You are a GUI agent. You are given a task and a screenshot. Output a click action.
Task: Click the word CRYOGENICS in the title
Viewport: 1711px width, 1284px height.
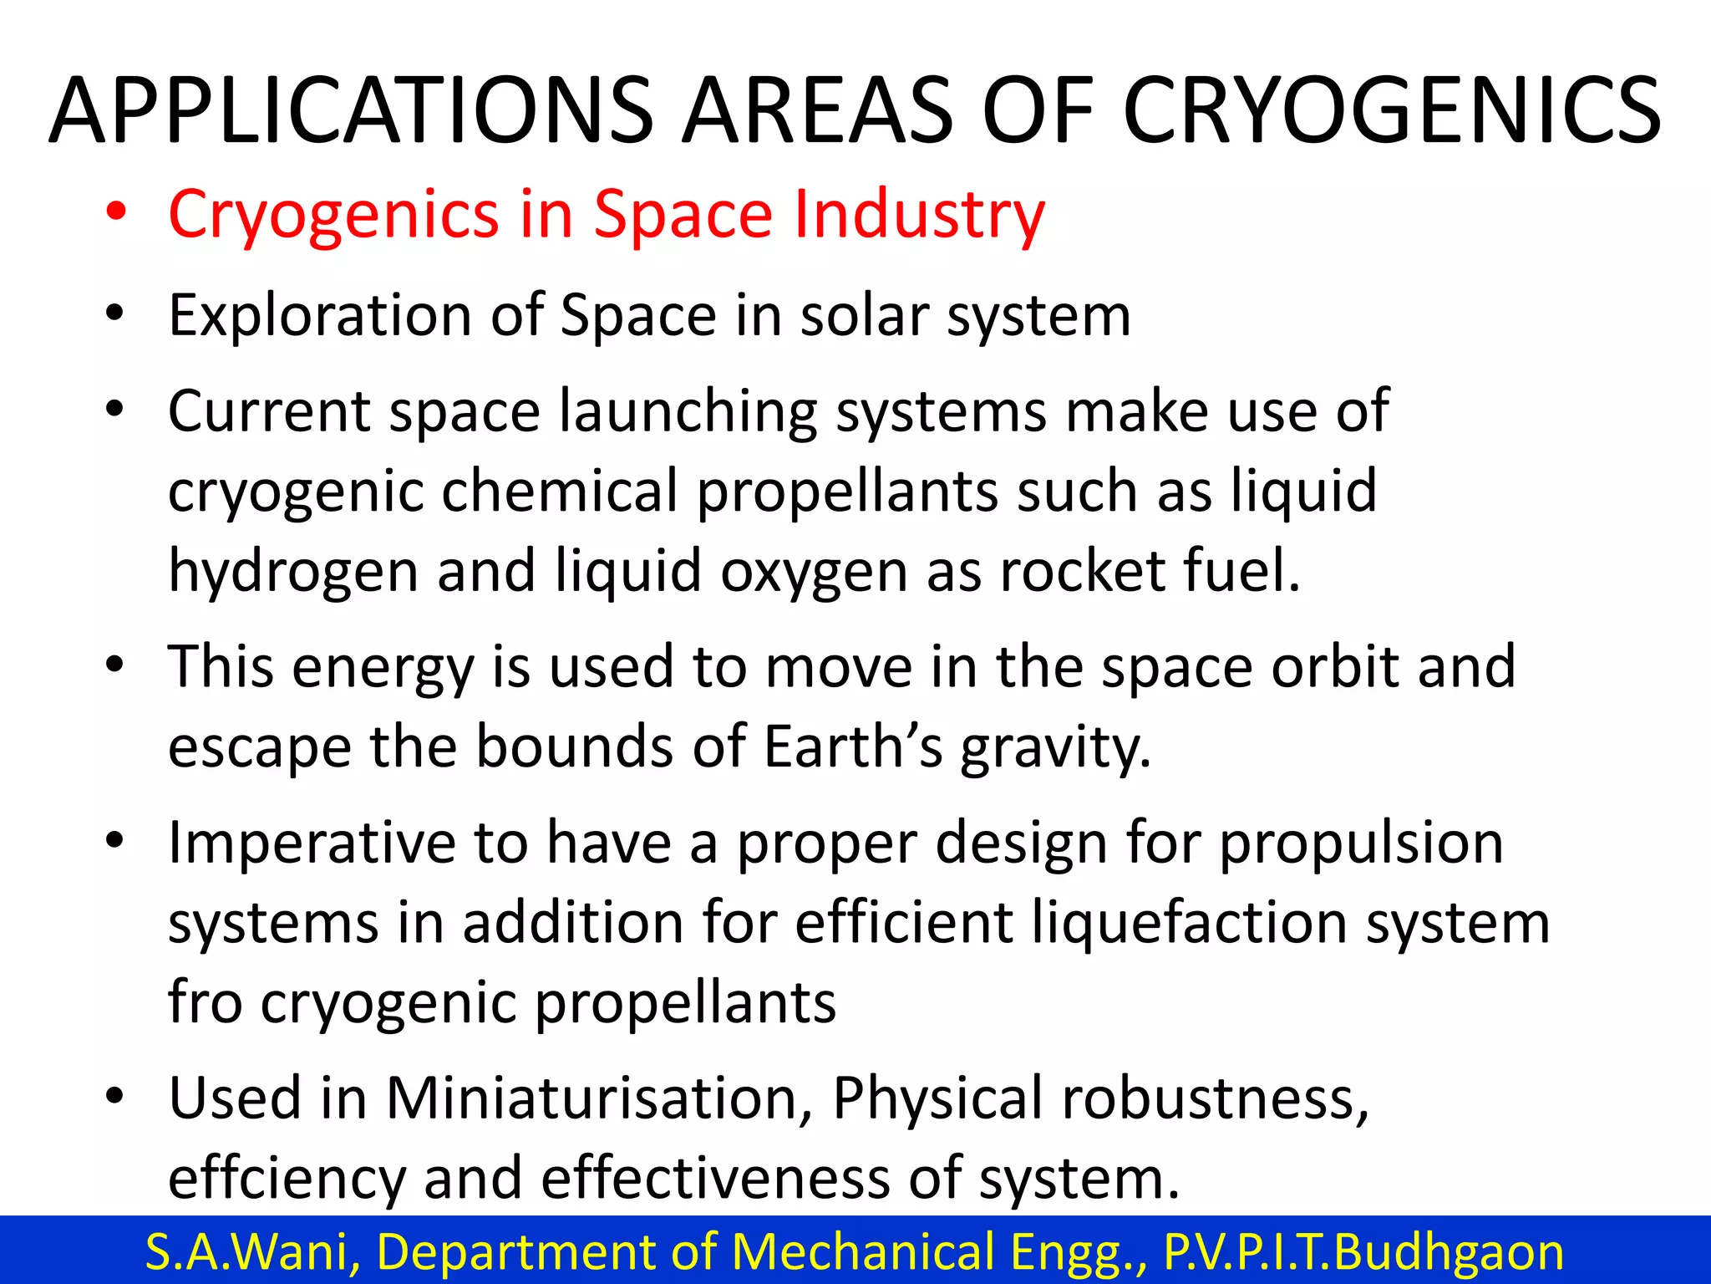point(1392,111)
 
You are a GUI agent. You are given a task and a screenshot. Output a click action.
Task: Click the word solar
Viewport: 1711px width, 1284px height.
point(864,315)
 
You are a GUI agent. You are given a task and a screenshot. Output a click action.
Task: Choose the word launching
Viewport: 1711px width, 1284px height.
point(688,411)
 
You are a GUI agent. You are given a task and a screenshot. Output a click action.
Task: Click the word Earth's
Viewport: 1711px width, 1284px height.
point(853,746)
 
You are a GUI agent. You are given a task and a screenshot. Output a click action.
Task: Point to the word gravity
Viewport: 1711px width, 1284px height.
point(1056,747)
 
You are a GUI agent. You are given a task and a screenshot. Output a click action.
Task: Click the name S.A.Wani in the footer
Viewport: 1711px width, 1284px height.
point(253,1251)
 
